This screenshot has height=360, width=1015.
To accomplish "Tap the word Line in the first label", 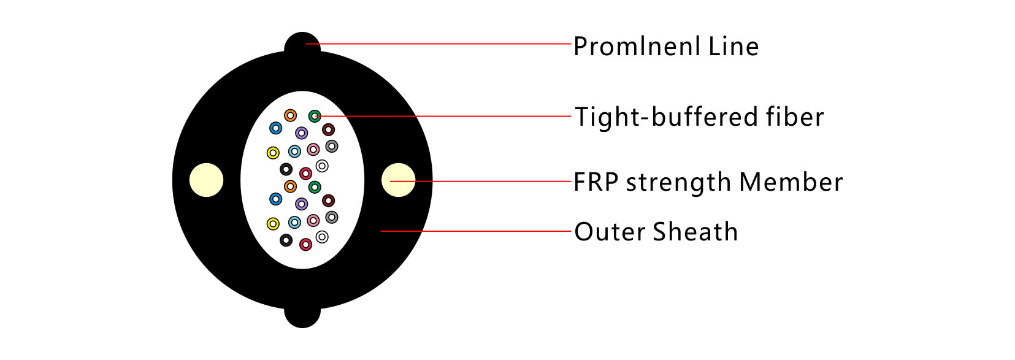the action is pyautogui.click(x=733, y=47).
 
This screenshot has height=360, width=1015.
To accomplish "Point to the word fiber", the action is pyautogui.click(x=795, y=117).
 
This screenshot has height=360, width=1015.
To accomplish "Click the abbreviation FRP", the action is pyautogui.click(x=596, y=182).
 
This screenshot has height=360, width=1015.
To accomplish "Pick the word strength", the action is pyautogui.click(x=678, y=183).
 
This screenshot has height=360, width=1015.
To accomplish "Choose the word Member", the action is pyautogui.click(x=791, y=182).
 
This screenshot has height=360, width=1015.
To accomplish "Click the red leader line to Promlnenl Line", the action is pyautogui.click(x=438, y=44).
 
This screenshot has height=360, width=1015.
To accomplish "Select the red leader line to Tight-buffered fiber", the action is pyautogui.click(x=442, y=116).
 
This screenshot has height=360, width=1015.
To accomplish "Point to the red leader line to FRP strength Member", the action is pyautogui.click(x=480, y=182).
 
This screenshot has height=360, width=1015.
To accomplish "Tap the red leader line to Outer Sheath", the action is pyautogui.click(x=475, y=231).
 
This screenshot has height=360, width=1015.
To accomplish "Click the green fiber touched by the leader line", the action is pyautogui.click(x=315, y=116).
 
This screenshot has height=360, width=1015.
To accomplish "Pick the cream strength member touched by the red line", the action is pyautogui.click(x=398, y=180).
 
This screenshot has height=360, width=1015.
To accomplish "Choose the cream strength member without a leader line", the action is pyautogui.click(x=206, y=180).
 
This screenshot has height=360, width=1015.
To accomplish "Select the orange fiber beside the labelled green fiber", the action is pyautogui.click(x=291, y=115).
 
